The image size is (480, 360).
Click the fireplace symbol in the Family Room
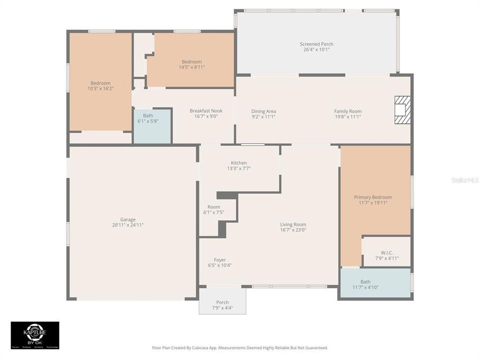click(402, 109)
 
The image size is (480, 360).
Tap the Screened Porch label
click(316, 44)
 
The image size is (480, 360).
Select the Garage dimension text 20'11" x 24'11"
click(128, 225)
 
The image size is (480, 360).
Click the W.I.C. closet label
click(386, 252)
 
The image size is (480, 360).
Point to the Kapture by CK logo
click(35, 335)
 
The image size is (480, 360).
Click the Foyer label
click(219, 260)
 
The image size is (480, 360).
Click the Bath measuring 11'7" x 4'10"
click(365, 284)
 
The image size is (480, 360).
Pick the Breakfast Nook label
click(206, 111)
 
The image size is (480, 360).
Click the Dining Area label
click(263, 111)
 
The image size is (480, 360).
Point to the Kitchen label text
click(238, 163)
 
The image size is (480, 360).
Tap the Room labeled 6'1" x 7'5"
click(214, 209)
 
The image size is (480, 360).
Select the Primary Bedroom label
click(373, 197)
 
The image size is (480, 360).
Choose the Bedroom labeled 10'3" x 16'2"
click(100, 85)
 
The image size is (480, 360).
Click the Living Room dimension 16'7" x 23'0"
click(293, 230)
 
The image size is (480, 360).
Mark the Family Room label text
click(347, 111)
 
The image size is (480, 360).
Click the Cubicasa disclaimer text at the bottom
click(240, 347)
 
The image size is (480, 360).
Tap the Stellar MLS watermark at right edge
click(465, 179)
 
